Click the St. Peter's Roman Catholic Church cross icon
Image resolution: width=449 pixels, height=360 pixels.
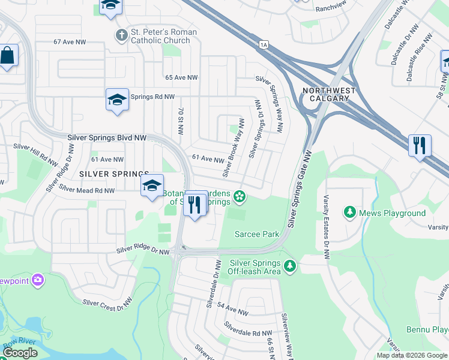pyautogui.click(x=122, y=34)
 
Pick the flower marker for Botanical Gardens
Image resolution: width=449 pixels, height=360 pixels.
pyautogui.click(x=240, y=196)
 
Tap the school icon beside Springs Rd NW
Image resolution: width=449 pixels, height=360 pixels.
pyautogui.click(x=117, y=100)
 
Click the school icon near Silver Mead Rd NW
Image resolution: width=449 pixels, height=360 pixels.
pyautogui.click(x=152, y=186)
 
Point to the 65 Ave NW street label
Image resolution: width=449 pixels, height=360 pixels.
pyautogui.click(x=181, y=78)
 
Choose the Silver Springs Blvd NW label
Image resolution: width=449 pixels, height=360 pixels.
pyautogui.click(x=107, y=137)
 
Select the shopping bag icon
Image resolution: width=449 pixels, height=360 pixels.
pyautogui.click(x=8, y=56)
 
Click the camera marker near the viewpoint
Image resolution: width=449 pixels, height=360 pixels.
pyautogui.click(x=38, y=280)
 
